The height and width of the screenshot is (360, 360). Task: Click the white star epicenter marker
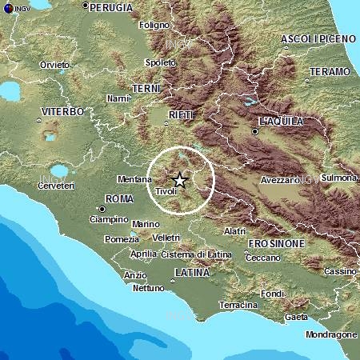pos(180,180)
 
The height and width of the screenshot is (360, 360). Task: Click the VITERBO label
pos(62,111)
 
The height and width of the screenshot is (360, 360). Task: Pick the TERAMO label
pos(330,71)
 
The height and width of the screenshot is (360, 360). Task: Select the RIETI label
pos(180,116)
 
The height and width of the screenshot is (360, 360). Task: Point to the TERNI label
pos(148,87)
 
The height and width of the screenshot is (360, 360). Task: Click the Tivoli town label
pos(166,192)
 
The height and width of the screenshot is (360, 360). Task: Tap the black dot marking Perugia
pos(85,6)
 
